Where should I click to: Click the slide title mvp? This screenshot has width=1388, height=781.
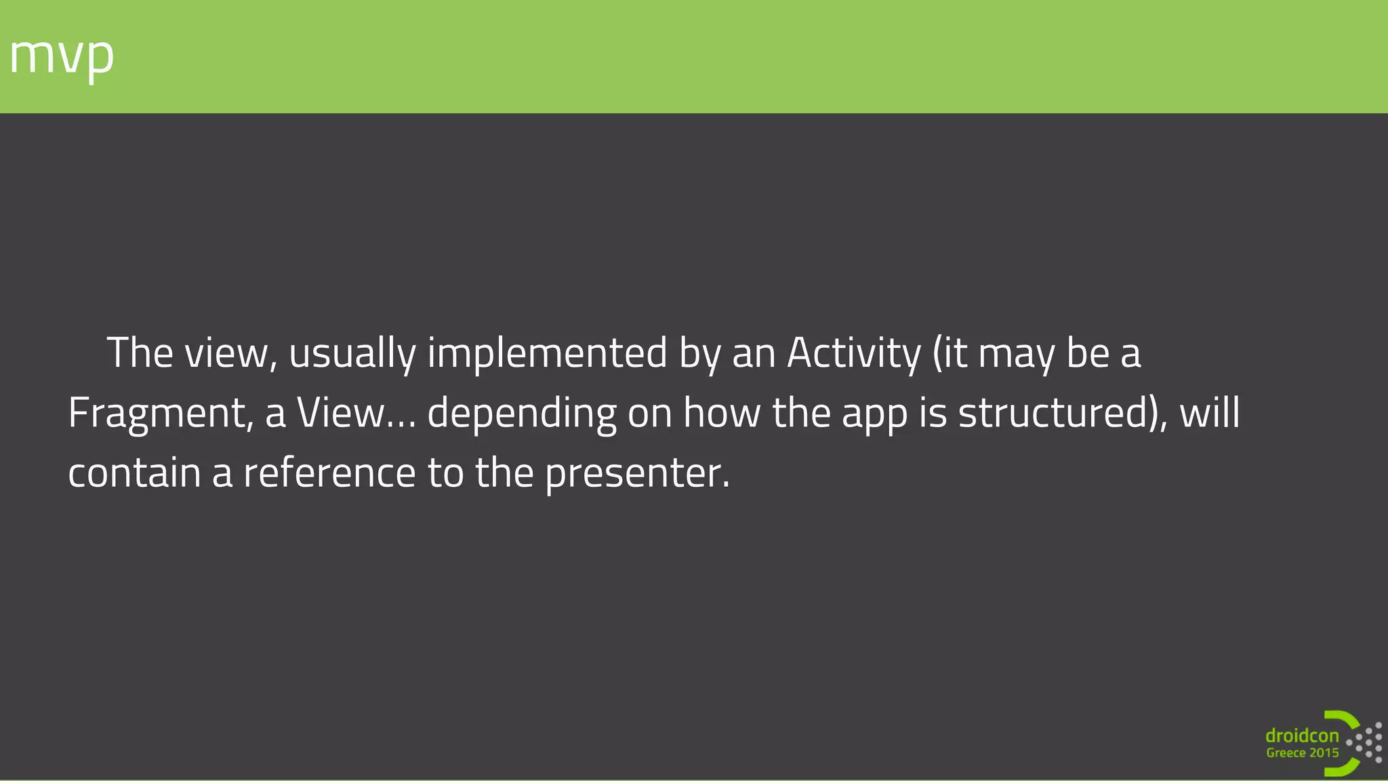[x=61, y=56]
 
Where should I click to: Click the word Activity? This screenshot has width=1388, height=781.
[x=854, y=353]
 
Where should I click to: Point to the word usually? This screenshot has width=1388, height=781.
[x=352, y=353]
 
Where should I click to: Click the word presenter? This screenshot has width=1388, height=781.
[x=637, y=473]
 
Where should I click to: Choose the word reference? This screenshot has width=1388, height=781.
[x=329, y=473]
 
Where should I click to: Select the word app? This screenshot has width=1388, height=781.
[x=874, y=414]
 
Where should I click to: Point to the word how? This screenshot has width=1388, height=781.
[x=722, y=413]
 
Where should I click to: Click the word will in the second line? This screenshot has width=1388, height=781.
[x=1210, y=413]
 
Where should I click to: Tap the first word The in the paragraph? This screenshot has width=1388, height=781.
[x=140, y=353]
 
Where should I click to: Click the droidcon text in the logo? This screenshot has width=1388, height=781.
[x=1302, y=736]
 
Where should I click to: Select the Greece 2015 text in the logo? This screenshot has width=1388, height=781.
[x=1302, y=753]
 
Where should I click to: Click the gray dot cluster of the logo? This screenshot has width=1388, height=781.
[x=1366, y=742]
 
